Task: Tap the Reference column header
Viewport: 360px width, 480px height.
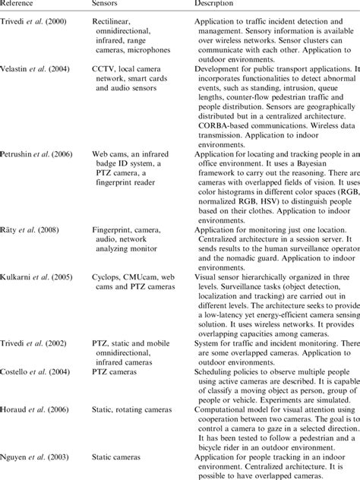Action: [18, 5]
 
